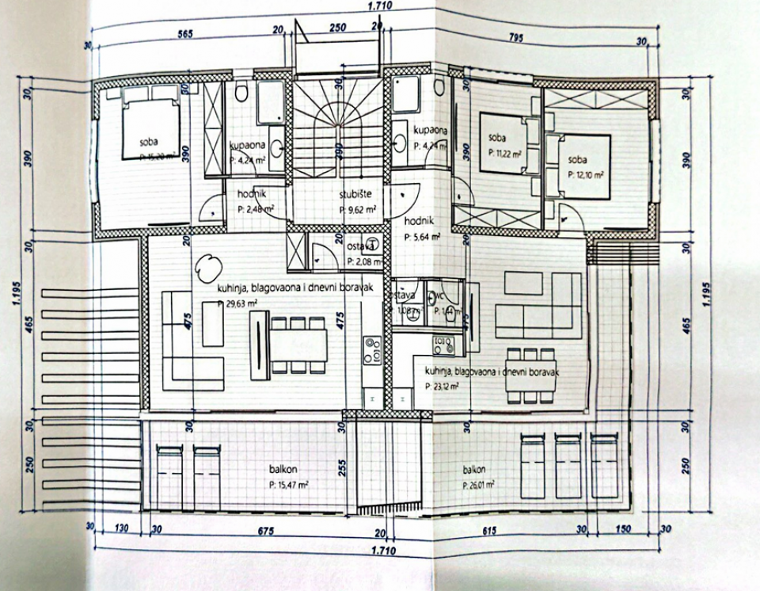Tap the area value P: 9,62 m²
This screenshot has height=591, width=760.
pyautogui.click(x=358, y=210)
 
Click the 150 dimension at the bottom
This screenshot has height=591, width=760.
pyautogui.click(x=622, y=529)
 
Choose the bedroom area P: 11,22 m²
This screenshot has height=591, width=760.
pyautogui.click(x=504, y=153)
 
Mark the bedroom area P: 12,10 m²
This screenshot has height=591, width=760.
pyautogui.click(x=587, y=173)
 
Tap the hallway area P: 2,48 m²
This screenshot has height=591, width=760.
pyautogui.click(x=256, y=209)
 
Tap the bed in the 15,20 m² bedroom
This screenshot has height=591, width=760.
pyautogui.click(x=150, y=127)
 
